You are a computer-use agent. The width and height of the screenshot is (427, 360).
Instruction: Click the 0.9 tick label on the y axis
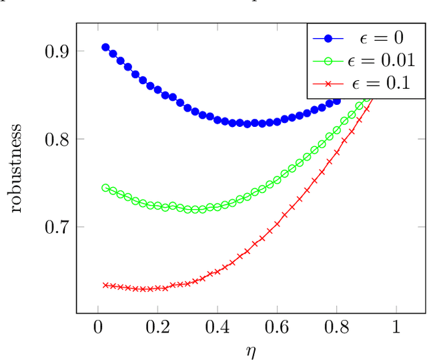(54, 51)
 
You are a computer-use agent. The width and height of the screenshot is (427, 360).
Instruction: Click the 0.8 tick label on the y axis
(54, 139)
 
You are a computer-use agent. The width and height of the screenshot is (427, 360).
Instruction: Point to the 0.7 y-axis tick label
(54, 227)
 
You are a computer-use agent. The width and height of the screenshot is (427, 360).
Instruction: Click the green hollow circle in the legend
(328, 61)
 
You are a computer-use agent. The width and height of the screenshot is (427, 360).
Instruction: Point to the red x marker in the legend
(328, 83)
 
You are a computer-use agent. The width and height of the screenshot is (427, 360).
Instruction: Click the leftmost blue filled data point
(105, 47)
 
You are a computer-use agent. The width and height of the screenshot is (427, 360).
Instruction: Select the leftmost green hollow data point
(105, 188)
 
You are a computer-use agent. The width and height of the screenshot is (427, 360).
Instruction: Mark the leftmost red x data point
(105, 285)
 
